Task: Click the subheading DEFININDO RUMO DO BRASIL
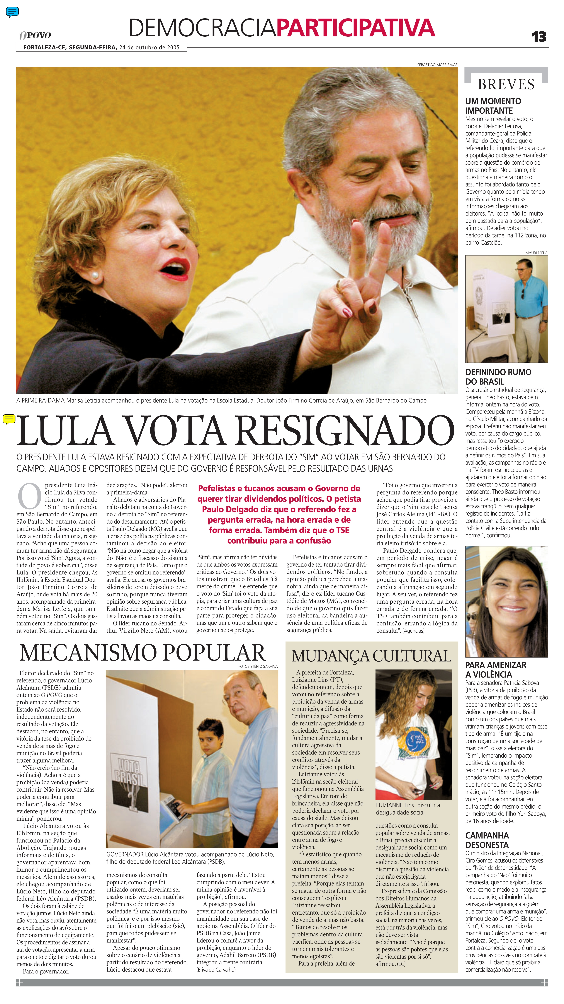[x=498, y=377]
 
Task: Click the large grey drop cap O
[x=30, y=496]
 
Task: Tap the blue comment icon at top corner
[x=12, y=12]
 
